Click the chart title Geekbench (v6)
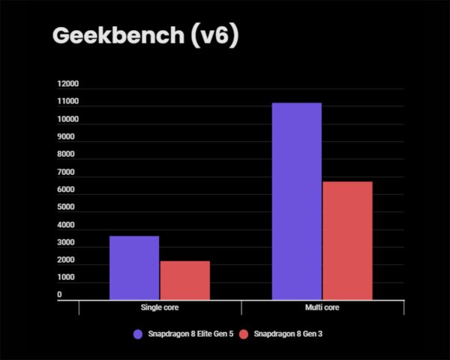(144, 36)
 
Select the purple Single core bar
(134, 268)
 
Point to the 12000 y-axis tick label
(68, 84)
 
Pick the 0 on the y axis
(60, 295)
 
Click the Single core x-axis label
(160, 307)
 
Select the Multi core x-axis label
(322, 307)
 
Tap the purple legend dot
(137, 334)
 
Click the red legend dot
(244, 334)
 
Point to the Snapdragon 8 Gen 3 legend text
(286, 334)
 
